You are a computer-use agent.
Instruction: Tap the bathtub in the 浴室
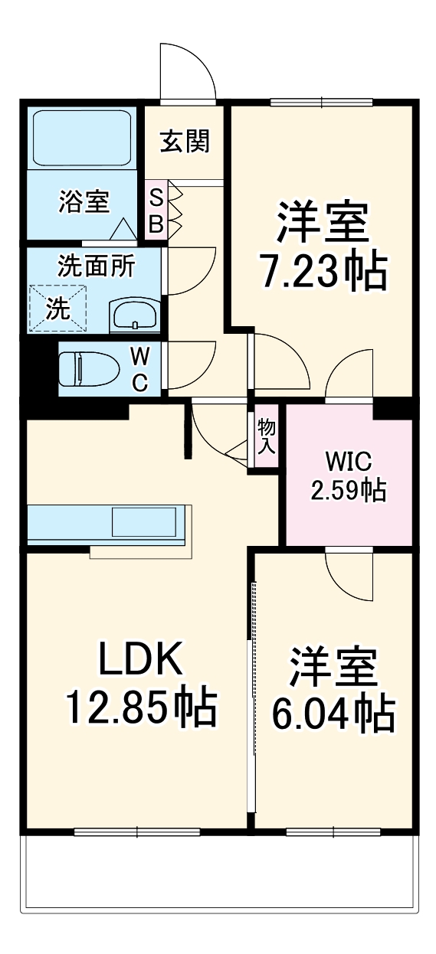click(81, 137)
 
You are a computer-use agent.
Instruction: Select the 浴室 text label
click(84, 202)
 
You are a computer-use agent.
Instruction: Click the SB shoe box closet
click(156, 211)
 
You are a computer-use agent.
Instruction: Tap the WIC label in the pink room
click(348, 462)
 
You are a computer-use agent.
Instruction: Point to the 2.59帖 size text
click(348, 489)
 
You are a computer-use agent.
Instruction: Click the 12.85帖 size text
click(140, 709)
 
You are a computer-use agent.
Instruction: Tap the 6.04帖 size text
click(333, 714)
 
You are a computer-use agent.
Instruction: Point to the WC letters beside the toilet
click(140, 369)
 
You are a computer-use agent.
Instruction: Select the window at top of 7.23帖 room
click(321, 102)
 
